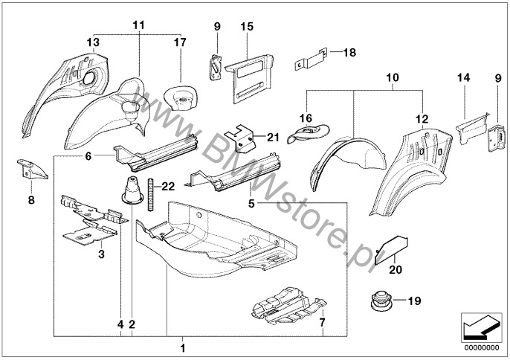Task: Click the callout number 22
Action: [x=168, y=186]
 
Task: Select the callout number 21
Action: [x=272, y=137]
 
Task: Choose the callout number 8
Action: [x=31, y=199]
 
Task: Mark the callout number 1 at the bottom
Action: [x=184, y=347]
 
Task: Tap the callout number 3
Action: [x=102, y=254]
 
